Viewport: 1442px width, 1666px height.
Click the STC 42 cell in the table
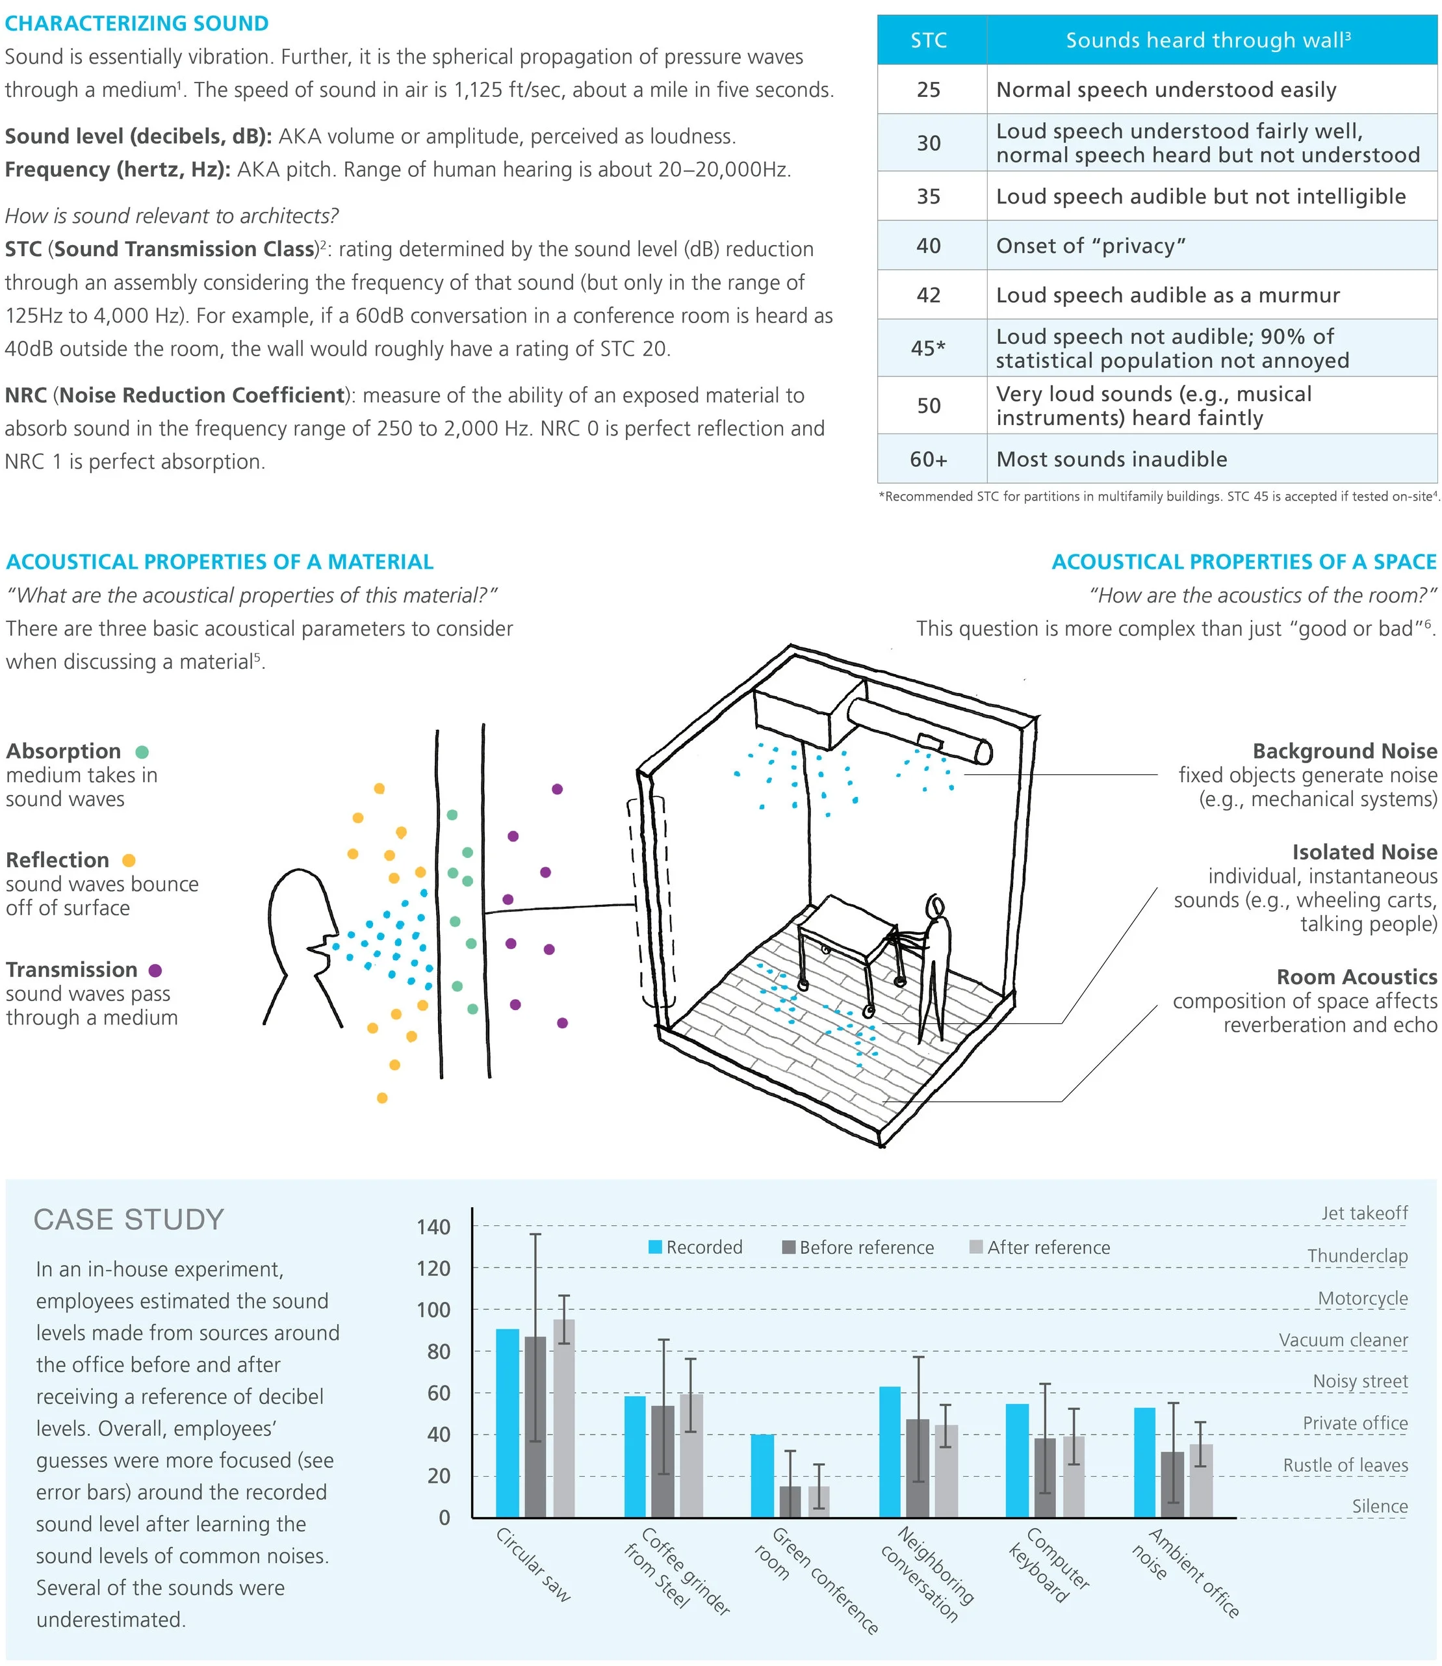coord(929,295)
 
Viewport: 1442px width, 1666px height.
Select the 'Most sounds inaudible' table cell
coord(1111,460)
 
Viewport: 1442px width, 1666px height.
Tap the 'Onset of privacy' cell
coord(1090,246)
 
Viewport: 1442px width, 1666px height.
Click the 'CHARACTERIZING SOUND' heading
coord(137,23)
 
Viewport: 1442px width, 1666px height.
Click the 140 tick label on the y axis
coord(433,1227)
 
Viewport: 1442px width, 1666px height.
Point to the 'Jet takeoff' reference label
coord(1364,1213)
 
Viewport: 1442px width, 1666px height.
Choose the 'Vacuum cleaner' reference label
coord(1343,1340)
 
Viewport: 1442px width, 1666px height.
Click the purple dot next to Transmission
coord(155,970)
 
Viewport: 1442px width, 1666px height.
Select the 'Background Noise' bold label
coord(1344,751)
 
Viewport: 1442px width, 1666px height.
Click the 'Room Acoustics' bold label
coord(1356,977)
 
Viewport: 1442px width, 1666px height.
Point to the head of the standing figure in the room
coord(934,906)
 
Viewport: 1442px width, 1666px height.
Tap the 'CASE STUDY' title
coord(129,1219)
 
